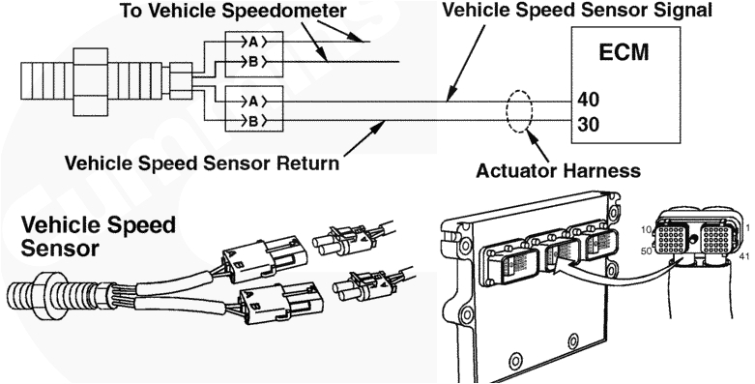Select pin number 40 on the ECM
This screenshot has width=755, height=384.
tap(588, 100)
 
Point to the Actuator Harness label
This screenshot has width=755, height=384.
tap(560, 171)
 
